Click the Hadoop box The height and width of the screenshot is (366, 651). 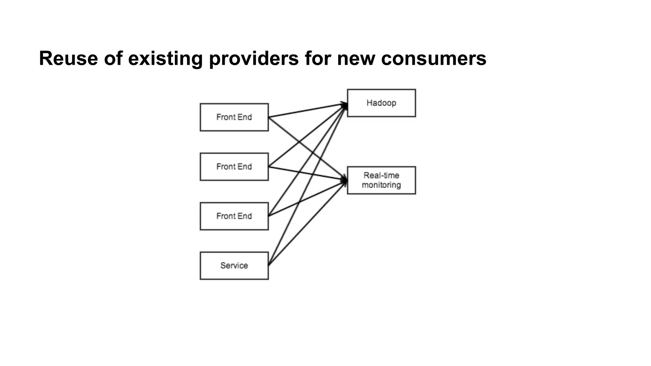381,103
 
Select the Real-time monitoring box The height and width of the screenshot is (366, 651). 381,180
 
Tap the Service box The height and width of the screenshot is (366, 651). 234,266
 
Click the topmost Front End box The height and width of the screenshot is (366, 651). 234,117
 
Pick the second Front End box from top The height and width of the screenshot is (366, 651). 234,167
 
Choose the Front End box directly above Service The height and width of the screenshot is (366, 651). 234,216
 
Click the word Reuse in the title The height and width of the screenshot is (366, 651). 68,58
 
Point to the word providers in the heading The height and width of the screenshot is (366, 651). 254,58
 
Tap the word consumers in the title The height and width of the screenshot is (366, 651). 434,58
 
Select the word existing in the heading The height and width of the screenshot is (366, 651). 165,58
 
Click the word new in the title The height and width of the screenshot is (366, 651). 356,58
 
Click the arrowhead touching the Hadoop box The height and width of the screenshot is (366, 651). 344,105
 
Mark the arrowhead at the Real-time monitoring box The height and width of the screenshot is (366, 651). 344,180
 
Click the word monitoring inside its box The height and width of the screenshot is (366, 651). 381,185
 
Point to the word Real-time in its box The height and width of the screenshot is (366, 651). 381,175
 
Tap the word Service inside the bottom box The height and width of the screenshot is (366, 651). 234,266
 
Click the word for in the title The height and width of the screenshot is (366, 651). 318,58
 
